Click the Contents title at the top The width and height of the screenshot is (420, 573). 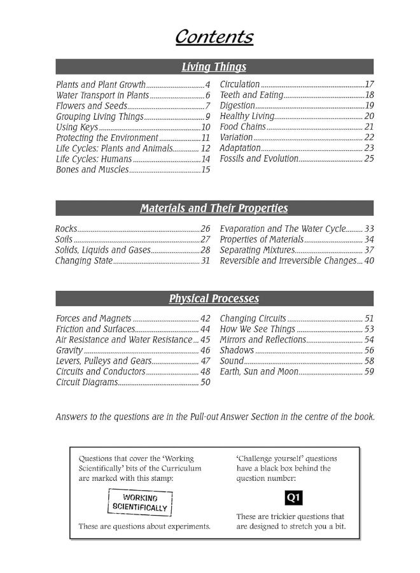point(214,37)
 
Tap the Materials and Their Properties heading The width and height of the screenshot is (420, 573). point(214,208)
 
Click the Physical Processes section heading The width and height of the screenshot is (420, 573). point(214,299)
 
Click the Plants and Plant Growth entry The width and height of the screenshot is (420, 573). point(101,85)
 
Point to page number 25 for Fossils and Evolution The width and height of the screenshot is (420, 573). point(369,159)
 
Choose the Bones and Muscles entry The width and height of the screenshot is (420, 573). point(92,170)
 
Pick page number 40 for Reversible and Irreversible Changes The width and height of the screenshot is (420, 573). point(369,261)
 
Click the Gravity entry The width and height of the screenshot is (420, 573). point(69,350)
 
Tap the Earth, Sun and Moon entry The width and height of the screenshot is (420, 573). point(259,372)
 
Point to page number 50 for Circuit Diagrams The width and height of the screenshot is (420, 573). point(205,383)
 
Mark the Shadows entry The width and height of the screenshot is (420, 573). point(237,350)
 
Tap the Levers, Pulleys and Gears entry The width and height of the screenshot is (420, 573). point(100,361)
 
